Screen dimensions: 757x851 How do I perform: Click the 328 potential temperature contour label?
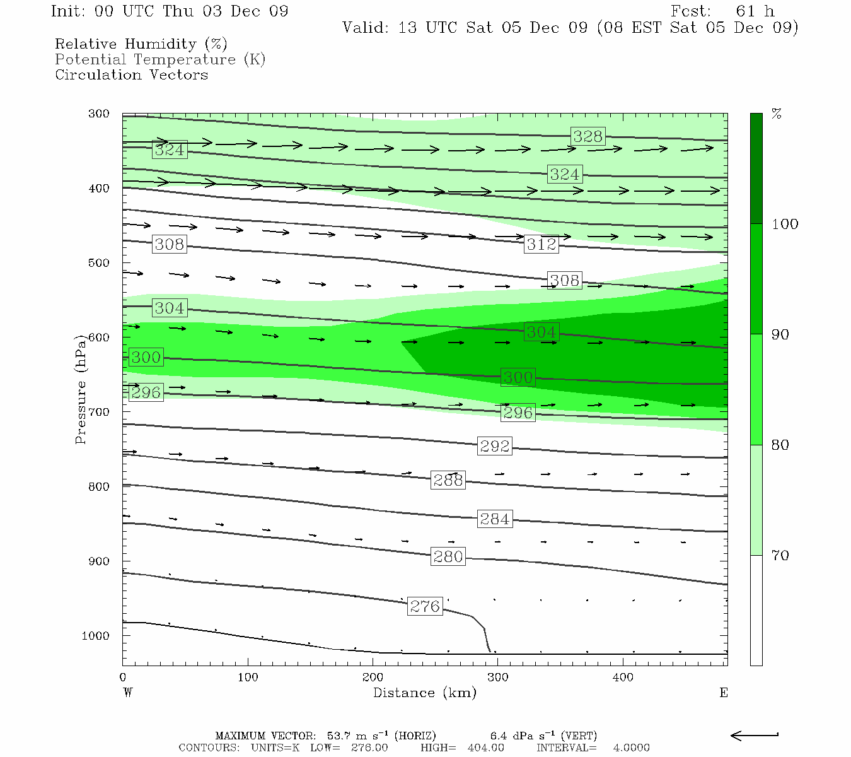click(588, 136)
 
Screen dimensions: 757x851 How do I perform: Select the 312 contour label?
click(541, 244)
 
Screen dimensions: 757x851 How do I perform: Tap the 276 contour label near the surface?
click(425, 606)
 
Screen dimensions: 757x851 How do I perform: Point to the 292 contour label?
click(494, 446)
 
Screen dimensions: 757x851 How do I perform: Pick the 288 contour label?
click(448, 480)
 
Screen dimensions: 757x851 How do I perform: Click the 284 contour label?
click(494, 519)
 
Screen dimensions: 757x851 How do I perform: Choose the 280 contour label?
click(448, 556)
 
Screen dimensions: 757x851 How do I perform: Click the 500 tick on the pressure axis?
click(99, 263)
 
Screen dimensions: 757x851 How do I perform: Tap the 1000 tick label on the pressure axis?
click(96, 636)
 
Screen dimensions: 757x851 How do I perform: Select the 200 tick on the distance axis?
click(373, 678)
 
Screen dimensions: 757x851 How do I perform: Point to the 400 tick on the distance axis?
click(623, 678)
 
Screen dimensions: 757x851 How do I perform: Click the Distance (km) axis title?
click(424, 693)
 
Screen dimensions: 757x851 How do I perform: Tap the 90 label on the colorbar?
click(780, 334)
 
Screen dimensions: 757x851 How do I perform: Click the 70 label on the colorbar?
click(780, 555)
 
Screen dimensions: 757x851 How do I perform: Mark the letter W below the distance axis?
click(128, 693)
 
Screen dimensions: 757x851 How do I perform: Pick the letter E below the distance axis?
click(723, 693)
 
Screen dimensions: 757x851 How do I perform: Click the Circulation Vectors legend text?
click(131, 75)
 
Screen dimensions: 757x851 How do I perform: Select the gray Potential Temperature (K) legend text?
click(160, 59)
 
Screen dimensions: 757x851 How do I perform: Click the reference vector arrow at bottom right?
click(754, 735)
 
